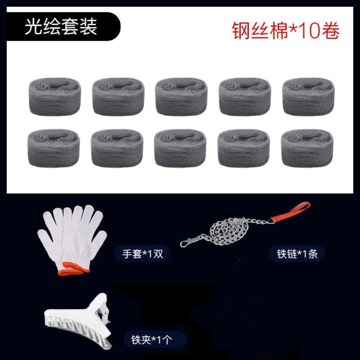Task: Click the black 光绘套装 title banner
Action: (x=64, y=26)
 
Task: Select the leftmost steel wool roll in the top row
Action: (x=55, y=96)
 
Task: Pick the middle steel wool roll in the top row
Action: (x=181, y=96)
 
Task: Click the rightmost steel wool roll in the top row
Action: (x=308, y=96)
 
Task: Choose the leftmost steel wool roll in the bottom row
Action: (x=54, y=148)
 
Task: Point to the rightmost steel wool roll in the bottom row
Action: (x=307, y=148)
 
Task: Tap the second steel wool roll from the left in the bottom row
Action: (x=117, y=148)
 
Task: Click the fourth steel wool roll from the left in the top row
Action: (x=245, y=96)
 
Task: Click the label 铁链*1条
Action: (x=297, y=254)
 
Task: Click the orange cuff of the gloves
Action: (x=73, y=269)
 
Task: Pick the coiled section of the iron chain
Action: (x=229, y=231)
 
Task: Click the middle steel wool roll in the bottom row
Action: (x=180, y=148)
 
